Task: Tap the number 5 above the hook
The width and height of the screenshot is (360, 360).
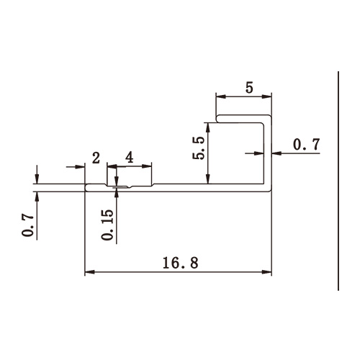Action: point(249,89)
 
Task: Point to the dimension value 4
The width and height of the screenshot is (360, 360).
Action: point(129,157)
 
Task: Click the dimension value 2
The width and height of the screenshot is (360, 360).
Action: point(95,157)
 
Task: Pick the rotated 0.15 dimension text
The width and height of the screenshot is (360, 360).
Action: point(107,225)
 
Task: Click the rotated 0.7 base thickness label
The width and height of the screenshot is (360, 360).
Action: point(27,224)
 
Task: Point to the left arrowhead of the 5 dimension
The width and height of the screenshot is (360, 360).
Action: point(220,97)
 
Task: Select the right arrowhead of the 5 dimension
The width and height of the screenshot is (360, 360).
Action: point(269,97)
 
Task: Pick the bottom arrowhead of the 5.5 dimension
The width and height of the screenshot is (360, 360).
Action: point(208,180)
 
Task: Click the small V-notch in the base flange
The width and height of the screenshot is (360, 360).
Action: point(118,189)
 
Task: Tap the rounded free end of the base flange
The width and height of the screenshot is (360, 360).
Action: point(87,188)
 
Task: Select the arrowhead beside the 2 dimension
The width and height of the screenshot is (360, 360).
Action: point(81,166)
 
